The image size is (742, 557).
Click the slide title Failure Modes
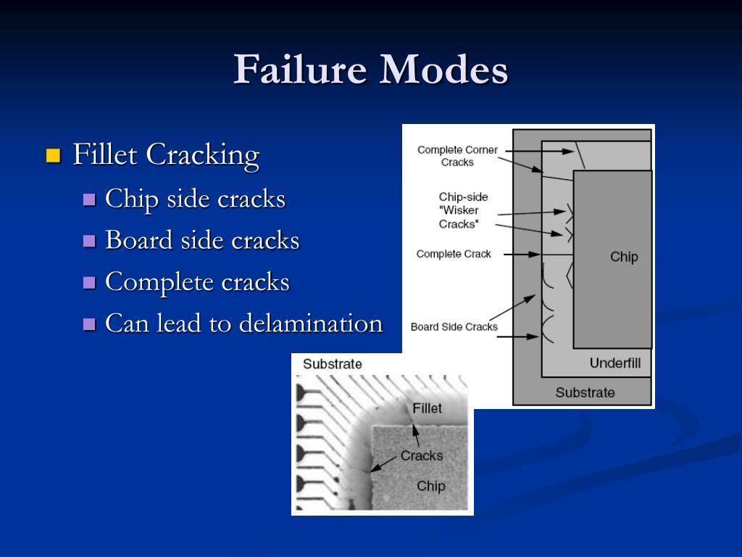coord(370,70)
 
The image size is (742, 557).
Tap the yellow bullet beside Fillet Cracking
coord(53,155)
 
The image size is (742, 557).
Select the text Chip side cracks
coord(195,199)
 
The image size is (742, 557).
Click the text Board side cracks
coord(202,240)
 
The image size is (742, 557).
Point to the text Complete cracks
coord(197,282)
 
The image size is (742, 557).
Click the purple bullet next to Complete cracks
coord(90,283)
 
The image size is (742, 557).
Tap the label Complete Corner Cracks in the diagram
coord(457,156)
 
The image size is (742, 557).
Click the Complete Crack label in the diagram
coord(454,254)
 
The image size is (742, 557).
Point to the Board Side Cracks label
coord(454,326)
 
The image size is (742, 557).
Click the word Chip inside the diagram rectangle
coord(624,257)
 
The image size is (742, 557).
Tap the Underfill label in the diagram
coord(614,363)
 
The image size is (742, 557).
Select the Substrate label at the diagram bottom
coord(585,392)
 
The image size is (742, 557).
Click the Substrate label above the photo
coord(333,364)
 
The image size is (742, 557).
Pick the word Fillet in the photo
coord(427,408)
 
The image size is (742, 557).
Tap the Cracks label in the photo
coord(422,455)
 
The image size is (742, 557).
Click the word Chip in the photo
coord(430,486)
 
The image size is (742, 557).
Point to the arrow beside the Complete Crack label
coord(522,255)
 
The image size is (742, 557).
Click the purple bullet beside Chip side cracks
coord(90,199)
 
